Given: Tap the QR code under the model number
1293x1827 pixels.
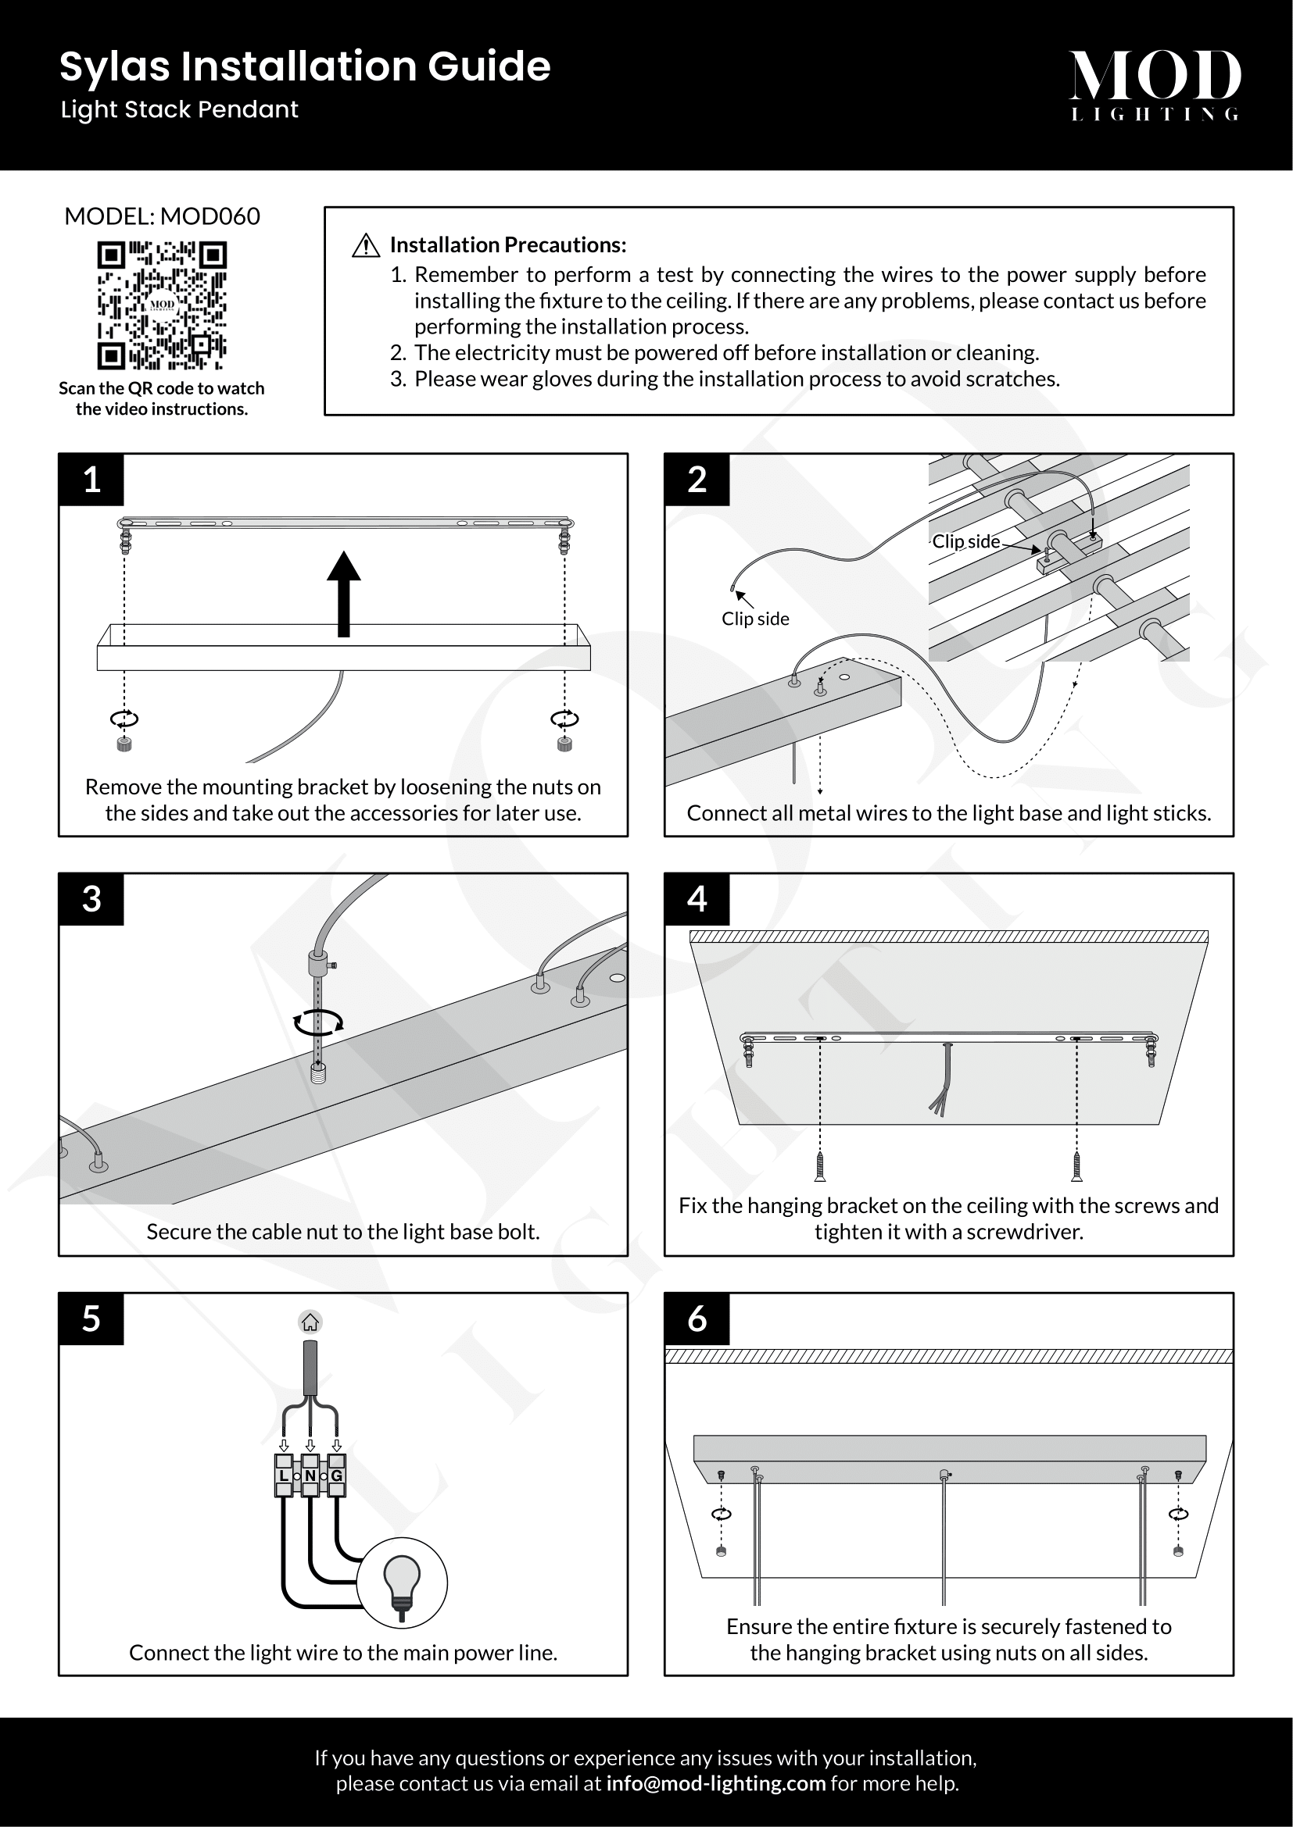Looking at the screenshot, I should [162, 305].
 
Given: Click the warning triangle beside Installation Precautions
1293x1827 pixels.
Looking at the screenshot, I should [365, 246].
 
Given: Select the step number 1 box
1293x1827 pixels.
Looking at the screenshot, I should [91, 480].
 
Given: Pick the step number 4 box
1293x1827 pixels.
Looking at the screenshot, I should [697, 899].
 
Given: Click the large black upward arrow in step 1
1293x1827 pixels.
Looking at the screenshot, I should [344, 593].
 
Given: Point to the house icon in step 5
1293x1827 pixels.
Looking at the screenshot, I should [310, 1322].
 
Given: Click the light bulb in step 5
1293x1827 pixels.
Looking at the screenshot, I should [402, 1582].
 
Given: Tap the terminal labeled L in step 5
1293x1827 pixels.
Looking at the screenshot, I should [285, 1476].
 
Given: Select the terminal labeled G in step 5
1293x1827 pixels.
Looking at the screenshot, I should [337, 1476].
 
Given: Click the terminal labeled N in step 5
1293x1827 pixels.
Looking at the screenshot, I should [310, 1476].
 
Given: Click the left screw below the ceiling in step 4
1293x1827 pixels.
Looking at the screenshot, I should [820, 1166].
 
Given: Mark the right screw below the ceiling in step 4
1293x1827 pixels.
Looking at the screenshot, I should [1076, 1166].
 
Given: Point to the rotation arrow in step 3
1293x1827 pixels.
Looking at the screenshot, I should [318, 1022].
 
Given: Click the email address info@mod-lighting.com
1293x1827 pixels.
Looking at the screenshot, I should [716, 1783].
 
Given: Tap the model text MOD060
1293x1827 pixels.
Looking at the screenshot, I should [210, 216].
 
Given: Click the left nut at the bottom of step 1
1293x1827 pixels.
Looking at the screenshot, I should [124, 744].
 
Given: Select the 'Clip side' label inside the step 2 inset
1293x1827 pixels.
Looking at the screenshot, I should [965, 541].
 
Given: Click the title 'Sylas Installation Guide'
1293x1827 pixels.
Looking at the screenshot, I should [305, 66].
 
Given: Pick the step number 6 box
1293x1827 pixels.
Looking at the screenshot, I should [697, 1319].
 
